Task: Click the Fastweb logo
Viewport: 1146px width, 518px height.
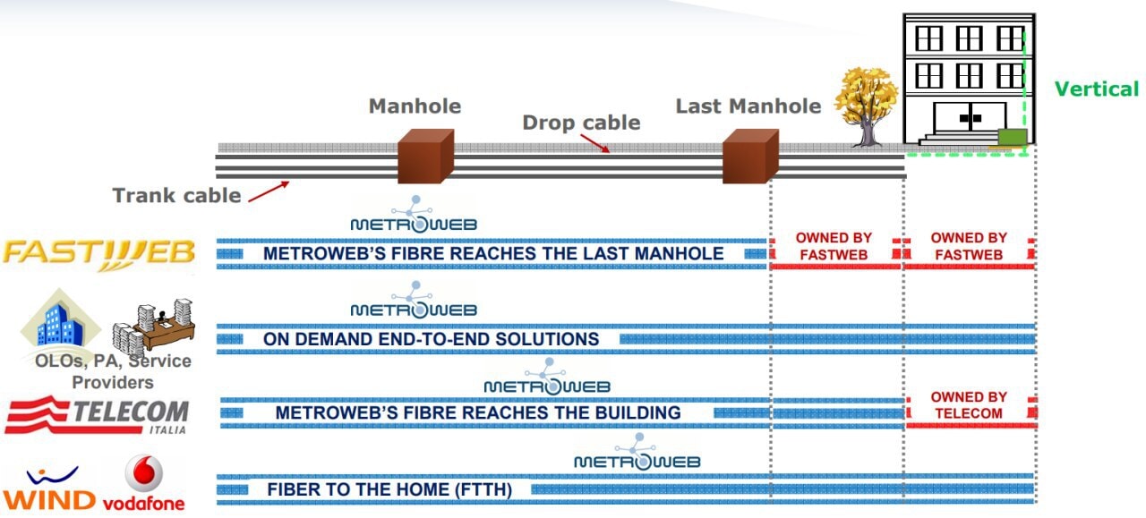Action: [x=98, y=253]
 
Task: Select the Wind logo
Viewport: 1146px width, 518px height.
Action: [x=49, y=491]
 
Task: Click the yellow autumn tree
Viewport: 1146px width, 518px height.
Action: [x=866, y=101]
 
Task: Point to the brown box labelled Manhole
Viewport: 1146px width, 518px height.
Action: [x=425, y=156]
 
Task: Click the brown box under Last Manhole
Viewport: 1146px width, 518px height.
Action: [x=750, y=156]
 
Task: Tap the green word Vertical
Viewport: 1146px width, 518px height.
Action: [x=1096, y=89]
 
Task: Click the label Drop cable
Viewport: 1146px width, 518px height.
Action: [x=581, y=123]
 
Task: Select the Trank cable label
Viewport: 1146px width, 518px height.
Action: [x=176, y=195]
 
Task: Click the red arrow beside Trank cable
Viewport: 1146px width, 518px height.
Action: [x=268, y=191]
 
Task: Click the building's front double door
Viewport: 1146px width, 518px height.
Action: [x=963, y=118]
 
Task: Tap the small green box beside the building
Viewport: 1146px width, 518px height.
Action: [x=1012, y=137]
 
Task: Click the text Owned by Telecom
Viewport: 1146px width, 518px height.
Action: [x=969, y=405]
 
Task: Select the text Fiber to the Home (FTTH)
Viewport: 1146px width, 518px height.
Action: [x=389, y=490]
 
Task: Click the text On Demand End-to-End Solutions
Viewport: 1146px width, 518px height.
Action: [x=431, y=339]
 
